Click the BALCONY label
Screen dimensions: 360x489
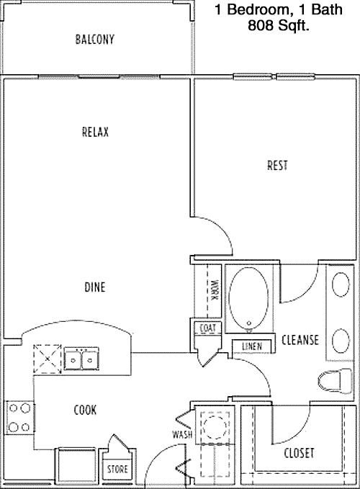pyautogui.click(x=95, y=40)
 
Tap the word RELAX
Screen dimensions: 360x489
pyautogui.click(x=95, y=132)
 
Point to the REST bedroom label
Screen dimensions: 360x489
pyautogui.click(x=277, y=166)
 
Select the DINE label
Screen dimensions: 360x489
pyautogui.click(x=95, y=287)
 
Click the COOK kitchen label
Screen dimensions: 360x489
pyautogui.click(x=85, y=410)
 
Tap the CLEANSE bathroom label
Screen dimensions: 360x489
pyautogui.click(x=300, y=340)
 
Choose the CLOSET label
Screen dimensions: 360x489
pyautogui.click(x=299, y=453)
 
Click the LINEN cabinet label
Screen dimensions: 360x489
pyautogui.click(x=252, y=346)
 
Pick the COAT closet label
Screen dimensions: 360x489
pyautogui.click(x=207, y=328)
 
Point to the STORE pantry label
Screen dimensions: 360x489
pyautogui.click(x=117, y=469)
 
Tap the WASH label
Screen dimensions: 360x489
pyautogui.click(x=182, y=434)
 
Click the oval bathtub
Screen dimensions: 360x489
pyautogui.click(x=248, y=297)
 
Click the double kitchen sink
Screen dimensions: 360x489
pyautogui.click(x=81, y=359)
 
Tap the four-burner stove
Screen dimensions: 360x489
pyautogui.click(x=19, y=418)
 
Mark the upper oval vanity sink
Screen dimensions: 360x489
pyautogui.click(x=341, y=284)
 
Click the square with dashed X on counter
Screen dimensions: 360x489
pyautogui.click(x=48, y=359)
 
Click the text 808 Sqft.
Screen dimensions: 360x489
pyautogui.click(x=279, y=25)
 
